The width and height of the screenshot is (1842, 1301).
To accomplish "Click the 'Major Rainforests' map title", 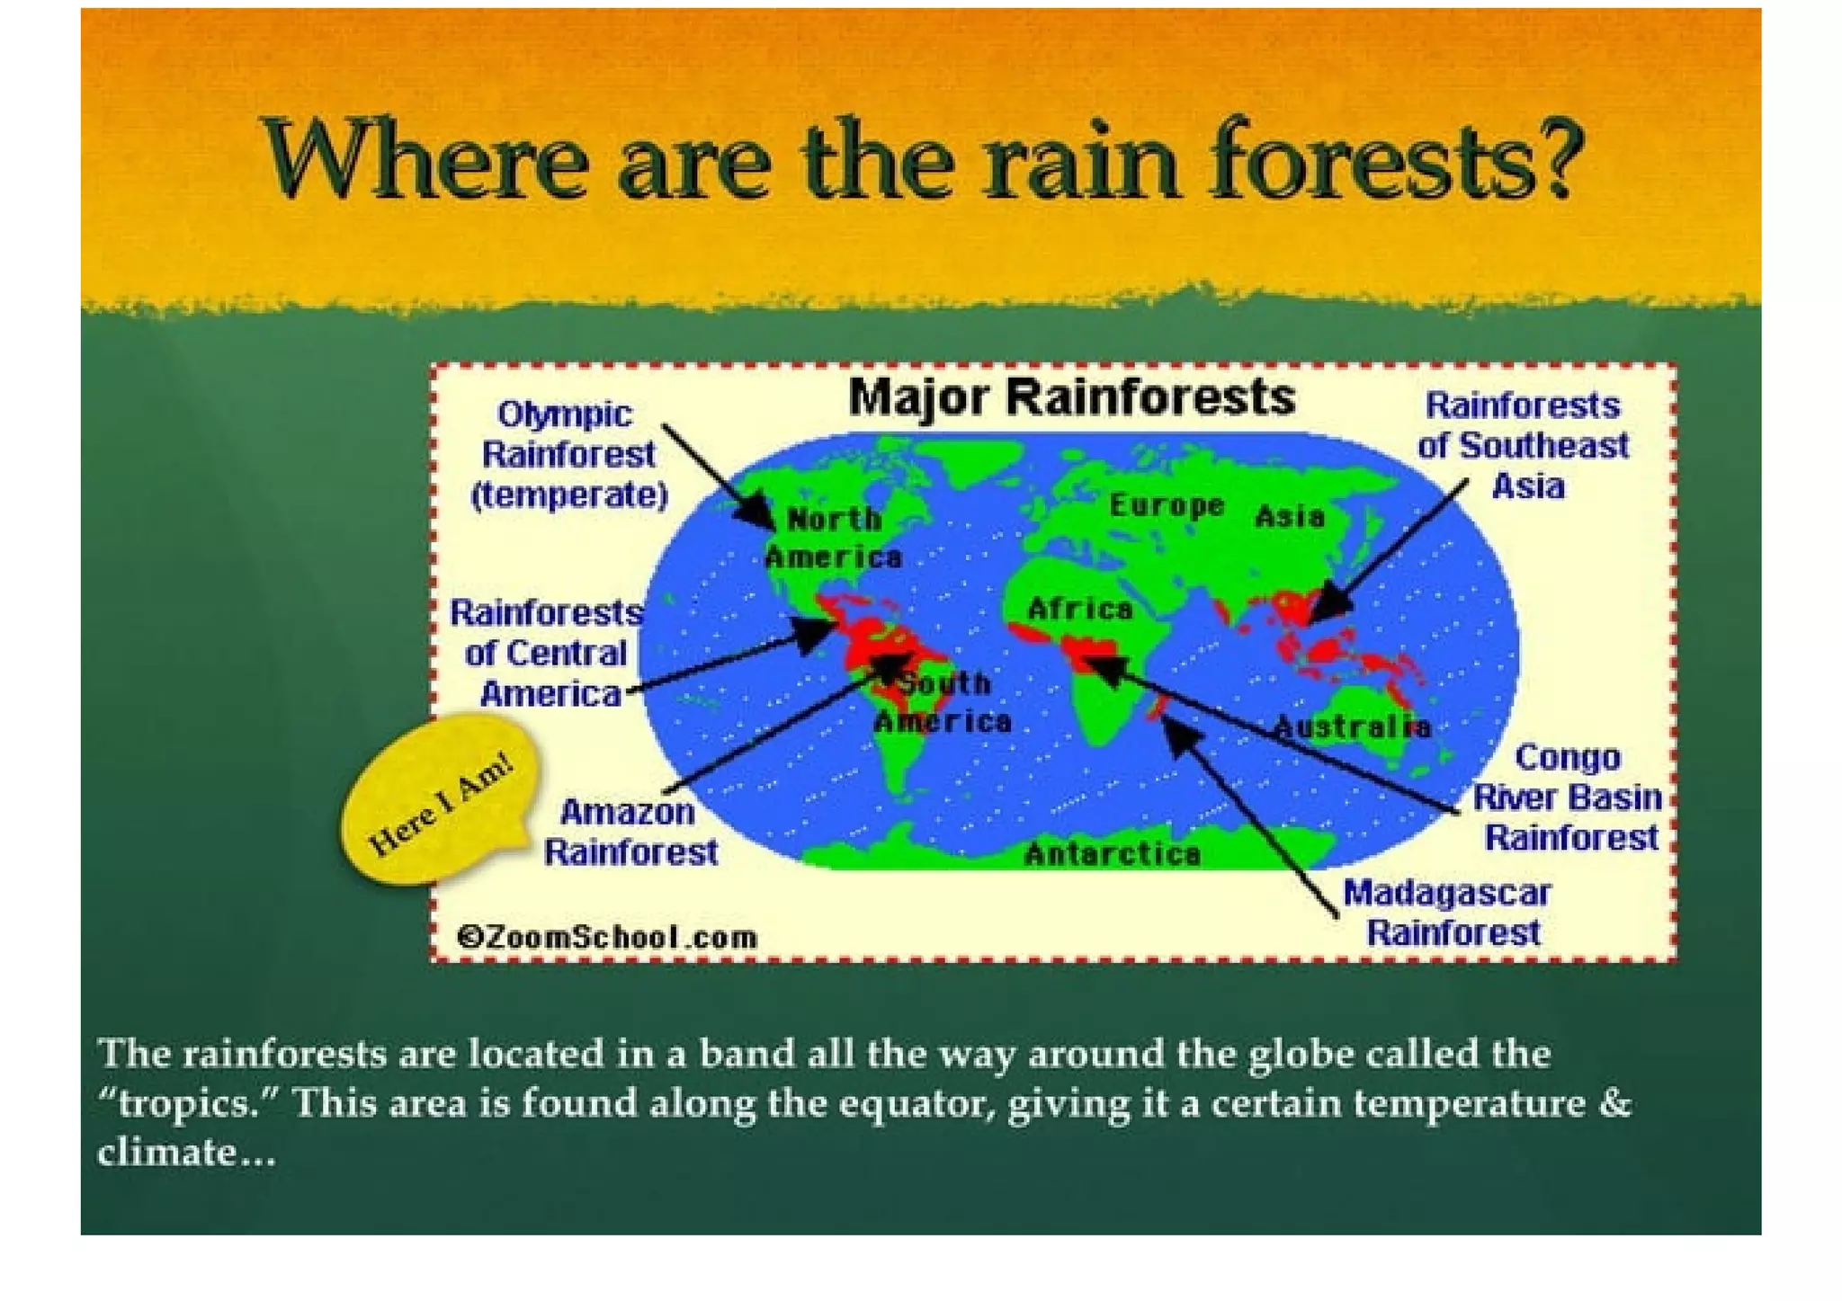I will (1071, 397).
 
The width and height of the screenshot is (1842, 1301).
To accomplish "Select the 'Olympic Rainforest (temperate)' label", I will (568, 455).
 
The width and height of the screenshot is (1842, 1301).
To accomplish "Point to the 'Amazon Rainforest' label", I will (630, 832).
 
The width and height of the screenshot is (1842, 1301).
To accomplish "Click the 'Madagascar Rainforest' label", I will (1448, 913).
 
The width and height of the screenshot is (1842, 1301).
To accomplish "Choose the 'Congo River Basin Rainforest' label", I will (1568, 798).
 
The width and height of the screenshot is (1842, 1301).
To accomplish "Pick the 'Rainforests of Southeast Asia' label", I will (1524, 446).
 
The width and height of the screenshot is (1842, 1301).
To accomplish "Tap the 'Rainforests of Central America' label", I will (546, 654).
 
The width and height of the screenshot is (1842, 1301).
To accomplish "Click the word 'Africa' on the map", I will (1079, 610).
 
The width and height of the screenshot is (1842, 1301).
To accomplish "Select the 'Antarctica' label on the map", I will (1112, 853).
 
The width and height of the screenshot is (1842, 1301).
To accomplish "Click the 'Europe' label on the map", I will (1166, 505).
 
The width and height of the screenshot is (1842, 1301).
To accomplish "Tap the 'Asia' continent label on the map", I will (1289, 517).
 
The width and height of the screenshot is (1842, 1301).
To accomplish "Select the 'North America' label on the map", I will (833, 539).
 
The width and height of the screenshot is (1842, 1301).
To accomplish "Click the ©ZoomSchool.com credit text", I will (607, 938).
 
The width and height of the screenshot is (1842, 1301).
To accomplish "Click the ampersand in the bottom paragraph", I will (1616, 1103).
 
